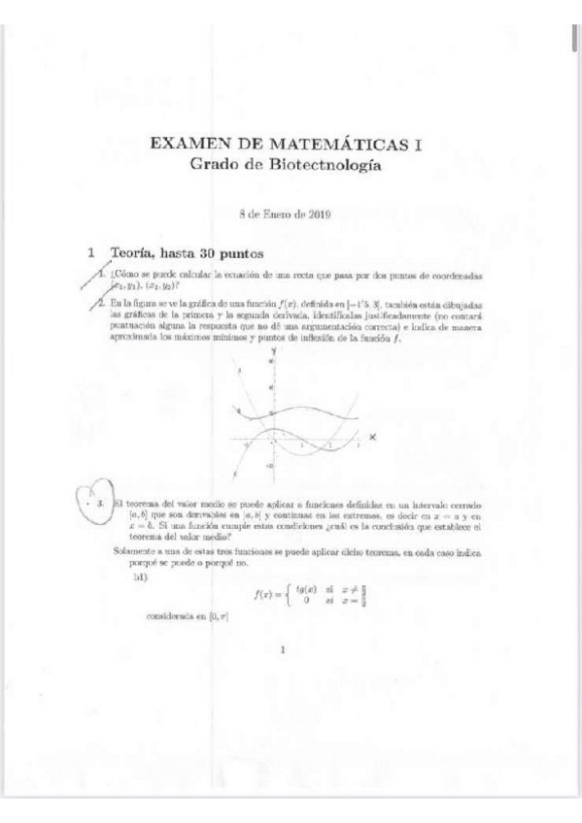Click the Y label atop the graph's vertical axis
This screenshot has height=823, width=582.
tap(275, 348)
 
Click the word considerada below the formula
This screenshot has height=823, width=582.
tap(170, 616)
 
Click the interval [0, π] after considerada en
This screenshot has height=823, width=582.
tap(218, 616)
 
